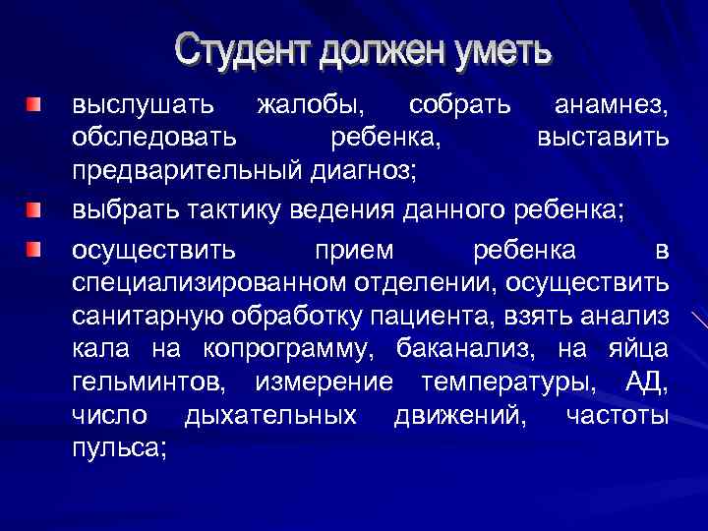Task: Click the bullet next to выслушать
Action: coord(34,103)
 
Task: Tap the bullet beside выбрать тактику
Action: coord(34,208)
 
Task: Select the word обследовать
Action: coord(154,137)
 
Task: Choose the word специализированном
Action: coord(208,284)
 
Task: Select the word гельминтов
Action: coord(147,383)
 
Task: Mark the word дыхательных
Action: coord(270,416)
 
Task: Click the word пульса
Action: coord(116,448)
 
